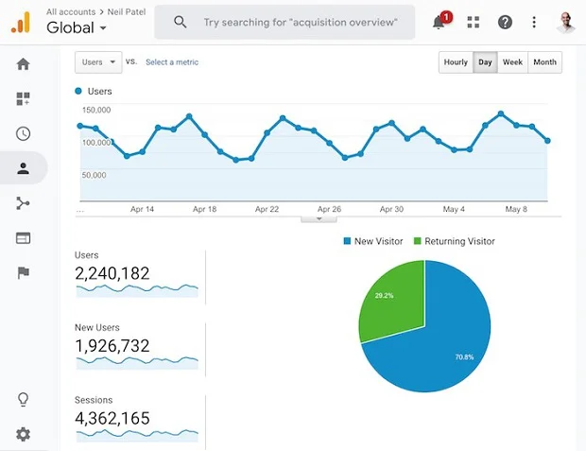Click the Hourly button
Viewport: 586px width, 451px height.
tap(456, 62)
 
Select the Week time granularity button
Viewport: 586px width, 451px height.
tap(512, 62)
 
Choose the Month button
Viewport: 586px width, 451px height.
tap(545, 62)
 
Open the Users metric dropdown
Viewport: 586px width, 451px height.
tap(98, 62)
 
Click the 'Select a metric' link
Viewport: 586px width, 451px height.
tap(172, 62)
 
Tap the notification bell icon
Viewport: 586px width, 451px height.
tap(439, 23)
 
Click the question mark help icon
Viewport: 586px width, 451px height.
tap(505, 23)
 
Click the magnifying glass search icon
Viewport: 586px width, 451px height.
tap(181, 22)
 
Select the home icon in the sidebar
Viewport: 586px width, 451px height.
tap(24, 64)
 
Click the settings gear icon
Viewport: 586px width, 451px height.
tap(24, 434)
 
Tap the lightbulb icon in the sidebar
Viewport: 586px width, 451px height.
tap(24, 399)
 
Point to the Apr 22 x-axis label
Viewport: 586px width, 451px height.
tap(267, 209)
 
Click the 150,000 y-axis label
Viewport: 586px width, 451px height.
tap(96, 110)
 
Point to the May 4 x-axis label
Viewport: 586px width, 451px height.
tap(454, 209)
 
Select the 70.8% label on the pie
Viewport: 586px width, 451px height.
tap(464, 357)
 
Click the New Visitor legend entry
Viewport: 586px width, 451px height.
tap(373, 241)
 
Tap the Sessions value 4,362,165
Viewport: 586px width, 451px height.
tap(112, 418)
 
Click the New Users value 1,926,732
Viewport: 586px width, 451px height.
tap(112, 346)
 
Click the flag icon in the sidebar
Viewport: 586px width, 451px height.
tap(24, 272)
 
